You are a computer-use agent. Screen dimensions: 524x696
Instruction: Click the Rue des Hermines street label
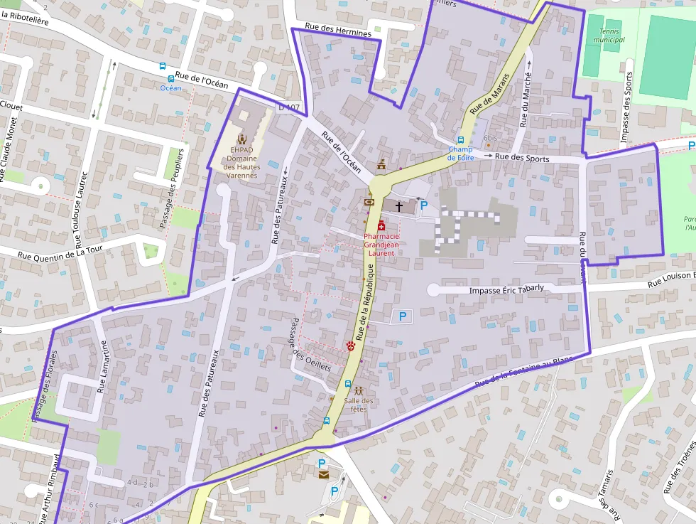pos(338,31)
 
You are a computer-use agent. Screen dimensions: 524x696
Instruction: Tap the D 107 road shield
pos(289,107)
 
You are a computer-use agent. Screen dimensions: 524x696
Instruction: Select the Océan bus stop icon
pos(170,79)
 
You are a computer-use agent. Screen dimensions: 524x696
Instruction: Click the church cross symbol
pos(399,206)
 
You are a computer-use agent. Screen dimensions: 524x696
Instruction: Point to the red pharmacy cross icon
pos(381,225)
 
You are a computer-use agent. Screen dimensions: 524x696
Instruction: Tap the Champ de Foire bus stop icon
pos(460,140)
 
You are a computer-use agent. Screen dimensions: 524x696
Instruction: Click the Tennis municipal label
pos(611,35)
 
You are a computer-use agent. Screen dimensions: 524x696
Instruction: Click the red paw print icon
pos(351,346)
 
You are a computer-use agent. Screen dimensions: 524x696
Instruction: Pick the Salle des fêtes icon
pos(359,390)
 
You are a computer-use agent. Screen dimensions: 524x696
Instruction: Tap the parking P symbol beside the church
pos(424,205)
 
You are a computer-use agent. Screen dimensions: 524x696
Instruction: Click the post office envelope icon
pos(323,474)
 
